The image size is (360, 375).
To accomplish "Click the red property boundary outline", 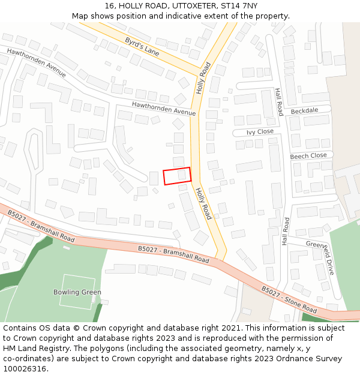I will pyautogui.click(x=177, y=176).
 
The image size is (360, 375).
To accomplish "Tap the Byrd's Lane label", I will pyautogui.click(x=142, y=47).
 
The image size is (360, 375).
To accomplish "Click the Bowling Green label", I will pyautogui.click(x=77, y=292).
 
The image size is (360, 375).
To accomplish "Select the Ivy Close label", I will pyautogui.click(x=260, y=131).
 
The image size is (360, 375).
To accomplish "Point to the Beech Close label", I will pyautogui.click(x=308, y=155).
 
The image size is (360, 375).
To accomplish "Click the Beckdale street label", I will pyautogui.click(x=304, y=111).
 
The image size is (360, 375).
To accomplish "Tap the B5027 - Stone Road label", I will pyautogui.click(x=289, y=299).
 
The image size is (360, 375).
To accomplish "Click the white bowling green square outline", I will pyautogui.click(x=77, y=292).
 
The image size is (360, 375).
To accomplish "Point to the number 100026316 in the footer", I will pyautogui.click(x=25, y=369).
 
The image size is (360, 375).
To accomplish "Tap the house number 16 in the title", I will pyautogui.click(x=109, y=5).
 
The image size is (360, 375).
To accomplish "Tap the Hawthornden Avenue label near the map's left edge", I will pyautogui.click(x=36, y=62).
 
